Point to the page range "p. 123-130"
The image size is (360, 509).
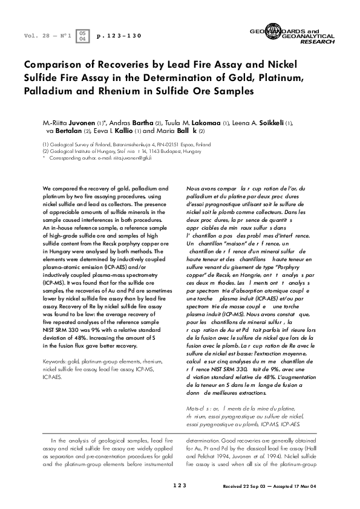pyautogui.click(x=119, y=36)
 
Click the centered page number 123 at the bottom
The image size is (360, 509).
pyautogui.click(x=180, y=485)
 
